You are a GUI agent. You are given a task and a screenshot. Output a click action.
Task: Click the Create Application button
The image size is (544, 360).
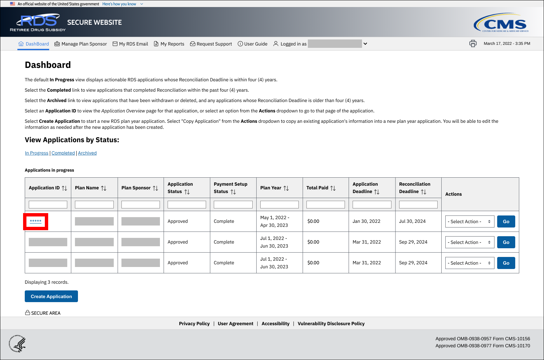coord(51,296)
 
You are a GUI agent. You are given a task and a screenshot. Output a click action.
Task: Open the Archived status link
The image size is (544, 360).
coord(87,153)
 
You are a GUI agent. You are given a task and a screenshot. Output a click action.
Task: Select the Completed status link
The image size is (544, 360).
coord(63,153)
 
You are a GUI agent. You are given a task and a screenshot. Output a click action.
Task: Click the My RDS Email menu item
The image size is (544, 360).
coord(130,44)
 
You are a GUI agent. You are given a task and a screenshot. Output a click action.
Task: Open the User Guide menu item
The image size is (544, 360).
coord(253,44)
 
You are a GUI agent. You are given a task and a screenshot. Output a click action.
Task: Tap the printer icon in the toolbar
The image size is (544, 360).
coord(473,43)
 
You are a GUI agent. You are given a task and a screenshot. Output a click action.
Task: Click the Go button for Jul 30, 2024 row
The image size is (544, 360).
coord(506,221)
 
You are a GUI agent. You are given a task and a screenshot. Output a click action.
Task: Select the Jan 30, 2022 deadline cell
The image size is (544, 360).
coord(366,221)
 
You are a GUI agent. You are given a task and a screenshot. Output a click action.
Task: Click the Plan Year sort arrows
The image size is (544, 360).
coord(286,188)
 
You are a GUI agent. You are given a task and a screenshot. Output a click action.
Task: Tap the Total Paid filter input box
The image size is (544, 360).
coord(326,204)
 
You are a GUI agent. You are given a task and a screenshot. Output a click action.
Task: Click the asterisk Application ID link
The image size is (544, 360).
coord(35,221)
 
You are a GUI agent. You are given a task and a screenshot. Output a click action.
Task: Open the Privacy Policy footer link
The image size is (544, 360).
coord(194,324)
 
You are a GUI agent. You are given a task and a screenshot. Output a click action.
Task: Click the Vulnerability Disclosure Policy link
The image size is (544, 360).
coord(331,324)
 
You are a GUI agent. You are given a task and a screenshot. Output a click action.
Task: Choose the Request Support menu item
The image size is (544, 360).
coord(211,44)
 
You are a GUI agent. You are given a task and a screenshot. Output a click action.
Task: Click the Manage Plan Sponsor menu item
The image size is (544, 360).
coord(81,44)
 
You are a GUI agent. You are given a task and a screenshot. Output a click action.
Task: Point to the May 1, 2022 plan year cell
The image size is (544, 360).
coord(275,221)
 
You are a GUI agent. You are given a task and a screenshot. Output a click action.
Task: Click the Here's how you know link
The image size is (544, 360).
coord(119,4)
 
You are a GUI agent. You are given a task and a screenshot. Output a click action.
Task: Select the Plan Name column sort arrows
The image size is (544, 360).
coord(104,188)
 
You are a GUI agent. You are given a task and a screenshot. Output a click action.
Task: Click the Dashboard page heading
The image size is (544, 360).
coord(48,65)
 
